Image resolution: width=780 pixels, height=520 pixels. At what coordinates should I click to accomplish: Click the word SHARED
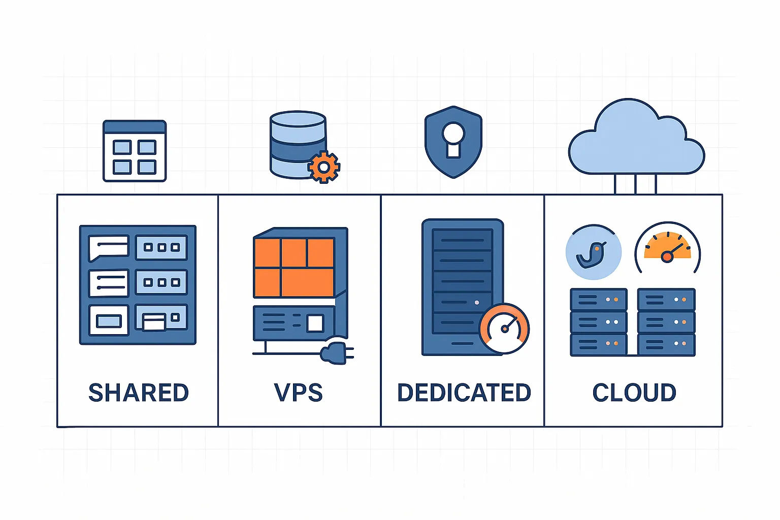coord(139,393)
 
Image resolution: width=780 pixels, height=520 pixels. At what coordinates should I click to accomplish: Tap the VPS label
coord(298,393)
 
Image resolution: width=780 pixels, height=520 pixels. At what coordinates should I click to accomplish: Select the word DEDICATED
coord(464,393)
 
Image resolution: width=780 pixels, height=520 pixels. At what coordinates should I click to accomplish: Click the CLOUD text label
coord(634,393)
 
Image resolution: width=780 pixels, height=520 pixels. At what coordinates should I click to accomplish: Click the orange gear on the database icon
coord(323,167)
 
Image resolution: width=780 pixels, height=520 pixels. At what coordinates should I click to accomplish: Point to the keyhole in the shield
coord(453,140)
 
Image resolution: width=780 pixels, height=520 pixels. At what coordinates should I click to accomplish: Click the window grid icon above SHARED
coord(135,151)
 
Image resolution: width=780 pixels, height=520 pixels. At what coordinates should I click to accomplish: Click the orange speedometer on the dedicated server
coord(504,329)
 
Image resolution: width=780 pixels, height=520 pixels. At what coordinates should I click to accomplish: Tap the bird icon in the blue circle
coord(593,253)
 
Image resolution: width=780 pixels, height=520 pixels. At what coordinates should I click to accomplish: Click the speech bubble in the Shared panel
coord(108,247)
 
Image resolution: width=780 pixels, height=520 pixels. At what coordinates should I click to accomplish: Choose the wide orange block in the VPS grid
coord(307,283)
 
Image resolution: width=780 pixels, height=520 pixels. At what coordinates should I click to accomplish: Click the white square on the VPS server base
coord(315,323)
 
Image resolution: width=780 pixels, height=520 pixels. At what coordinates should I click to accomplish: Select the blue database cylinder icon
coord(297,145)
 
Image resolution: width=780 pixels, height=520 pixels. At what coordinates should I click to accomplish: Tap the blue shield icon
coord(453,142)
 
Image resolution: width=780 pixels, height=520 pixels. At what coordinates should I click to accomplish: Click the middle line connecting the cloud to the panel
coord(635,184)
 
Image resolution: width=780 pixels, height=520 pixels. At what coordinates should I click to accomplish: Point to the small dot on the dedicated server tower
coord(476,303)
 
